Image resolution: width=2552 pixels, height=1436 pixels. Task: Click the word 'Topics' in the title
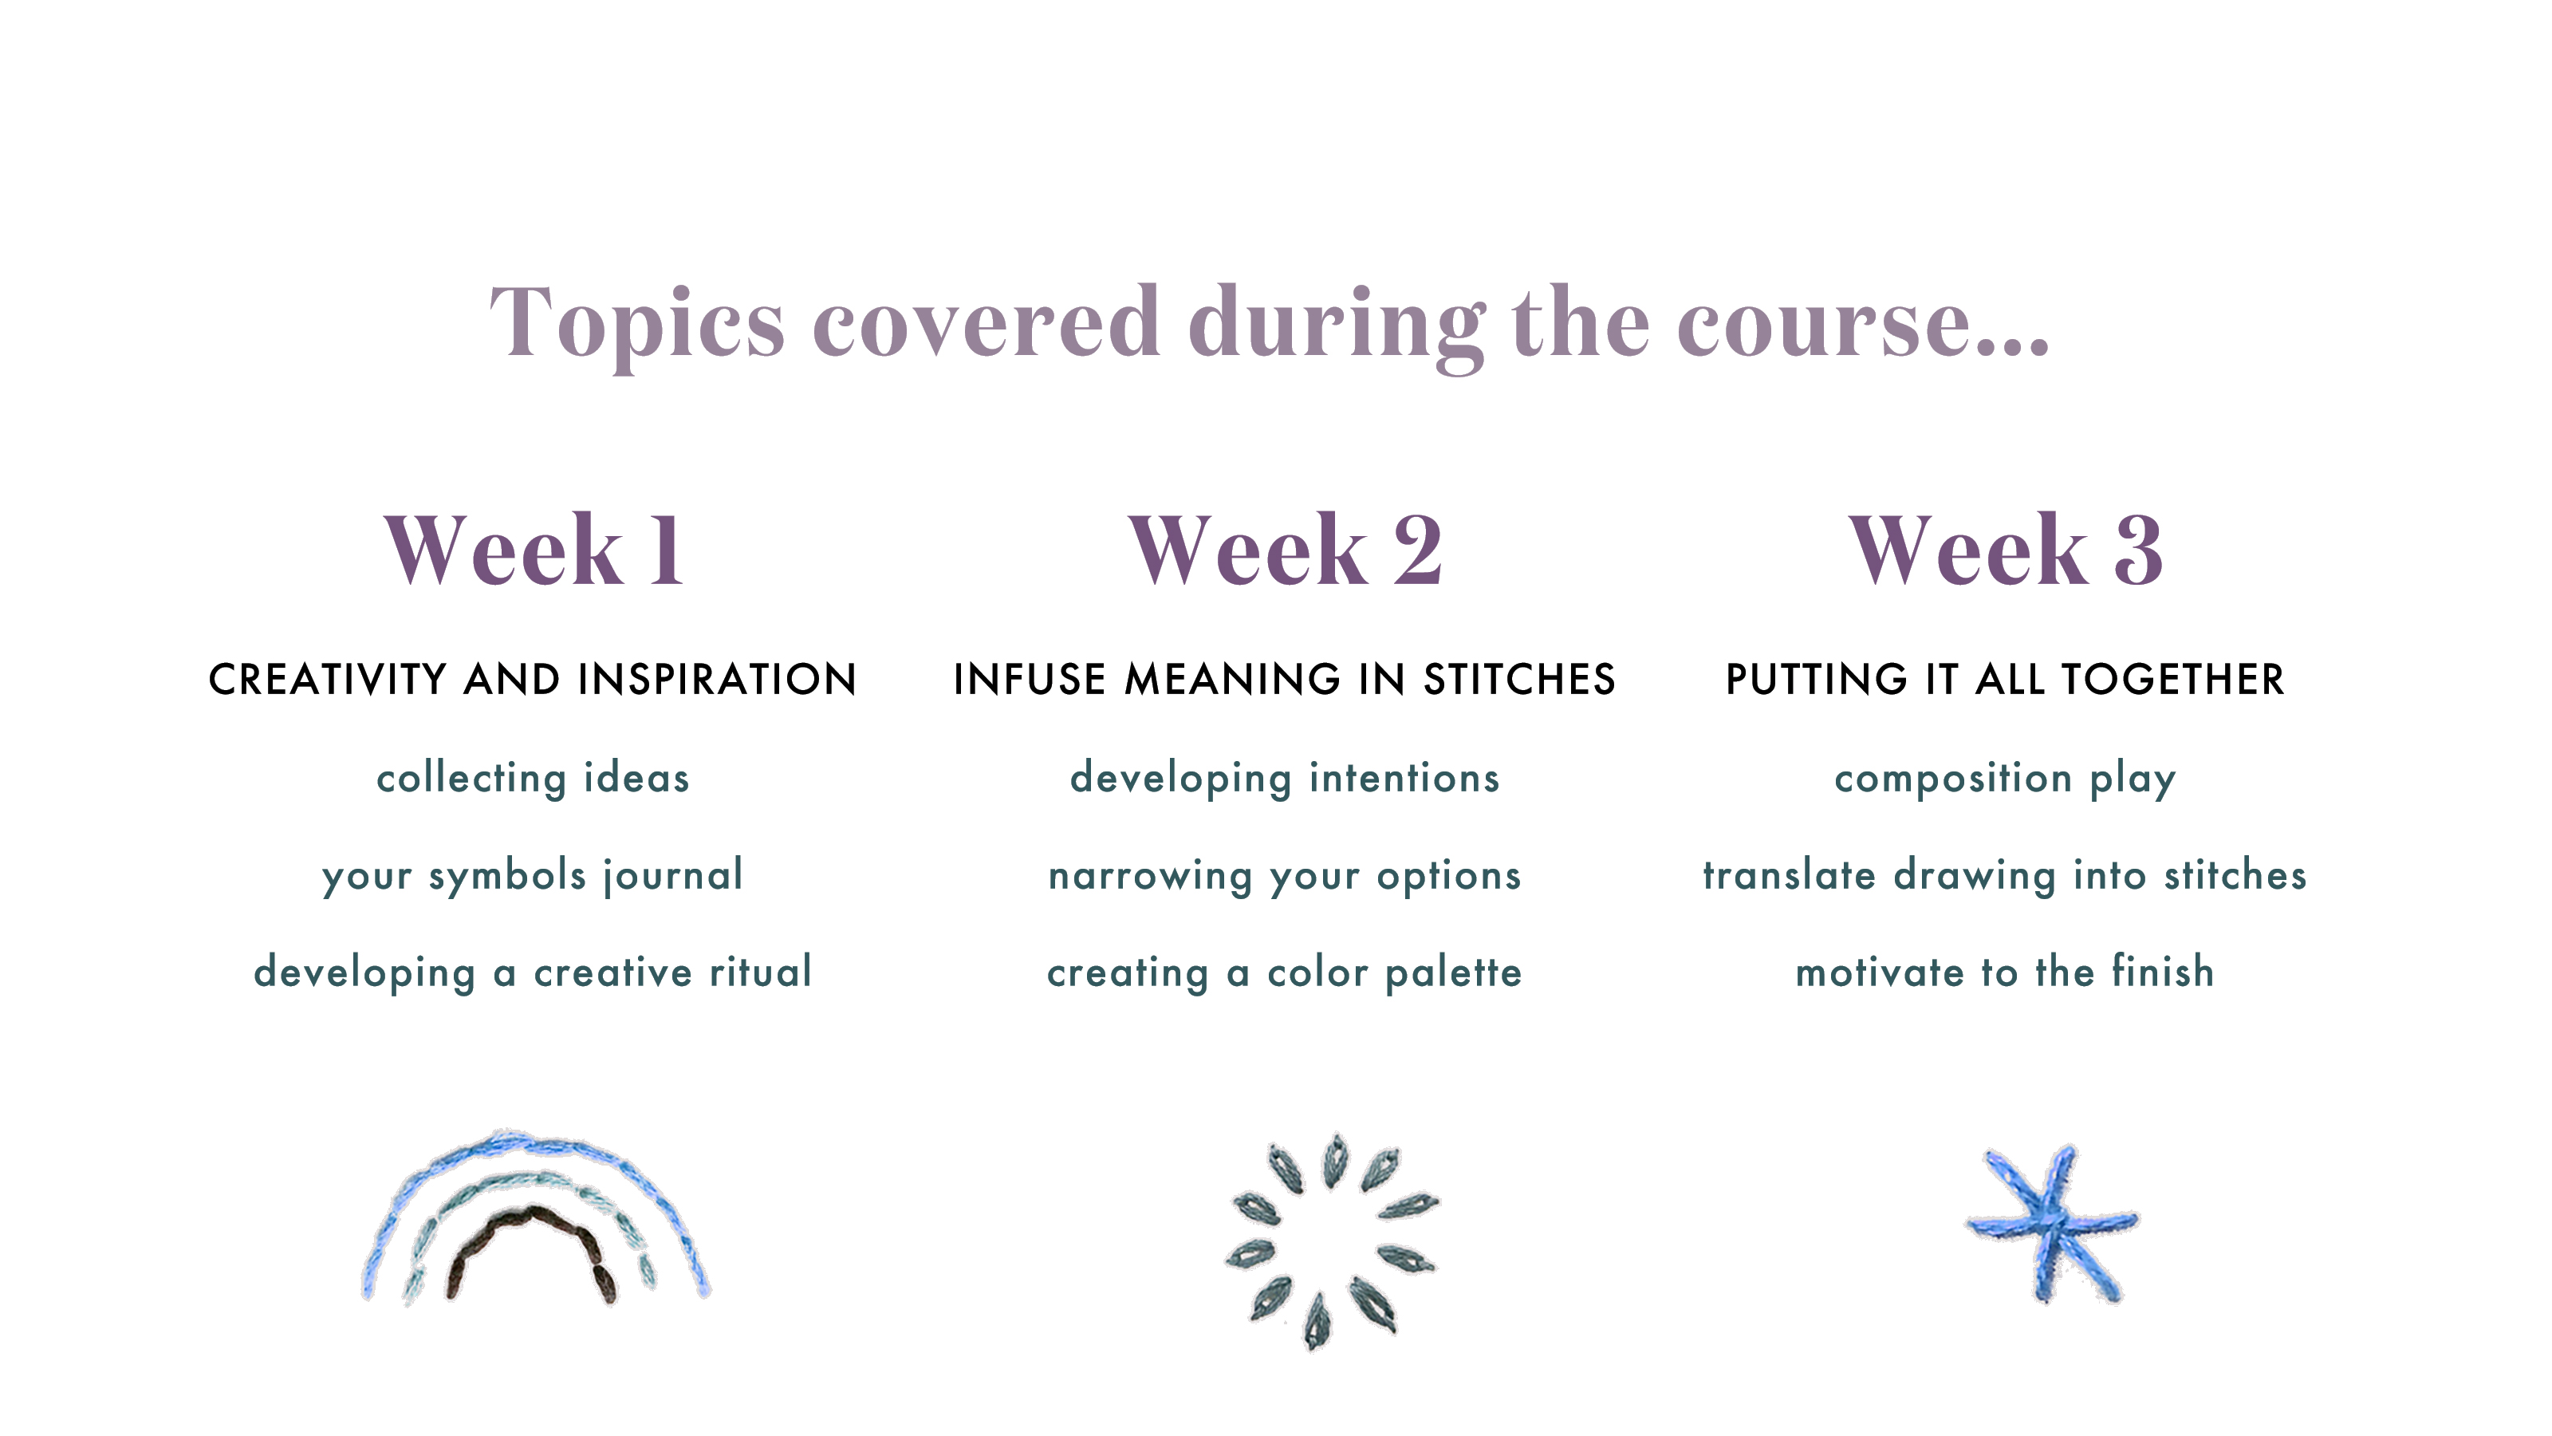pos(637,324)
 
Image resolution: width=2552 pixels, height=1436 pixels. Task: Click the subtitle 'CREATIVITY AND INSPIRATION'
pos(533,680)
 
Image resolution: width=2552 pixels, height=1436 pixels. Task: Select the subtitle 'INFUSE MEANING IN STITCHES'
pos(1285,680)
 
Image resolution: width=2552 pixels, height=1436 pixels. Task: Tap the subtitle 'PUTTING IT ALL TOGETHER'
pos(2005,680)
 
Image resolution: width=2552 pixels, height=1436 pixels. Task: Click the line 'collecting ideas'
pos(533,779)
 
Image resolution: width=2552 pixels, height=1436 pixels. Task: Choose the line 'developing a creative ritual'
pos(533,973)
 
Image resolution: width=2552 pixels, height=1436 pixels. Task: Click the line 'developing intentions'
pos(1285,779)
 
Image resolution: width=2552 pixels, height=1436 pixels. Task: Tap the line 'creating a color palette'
pos(1285,973)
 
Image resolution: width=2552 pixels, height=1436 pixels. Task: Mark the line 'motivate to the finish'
pos(2005,972)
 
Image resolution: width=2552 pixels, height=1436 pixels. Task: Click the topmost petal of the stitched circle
pos(1336,1159)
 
